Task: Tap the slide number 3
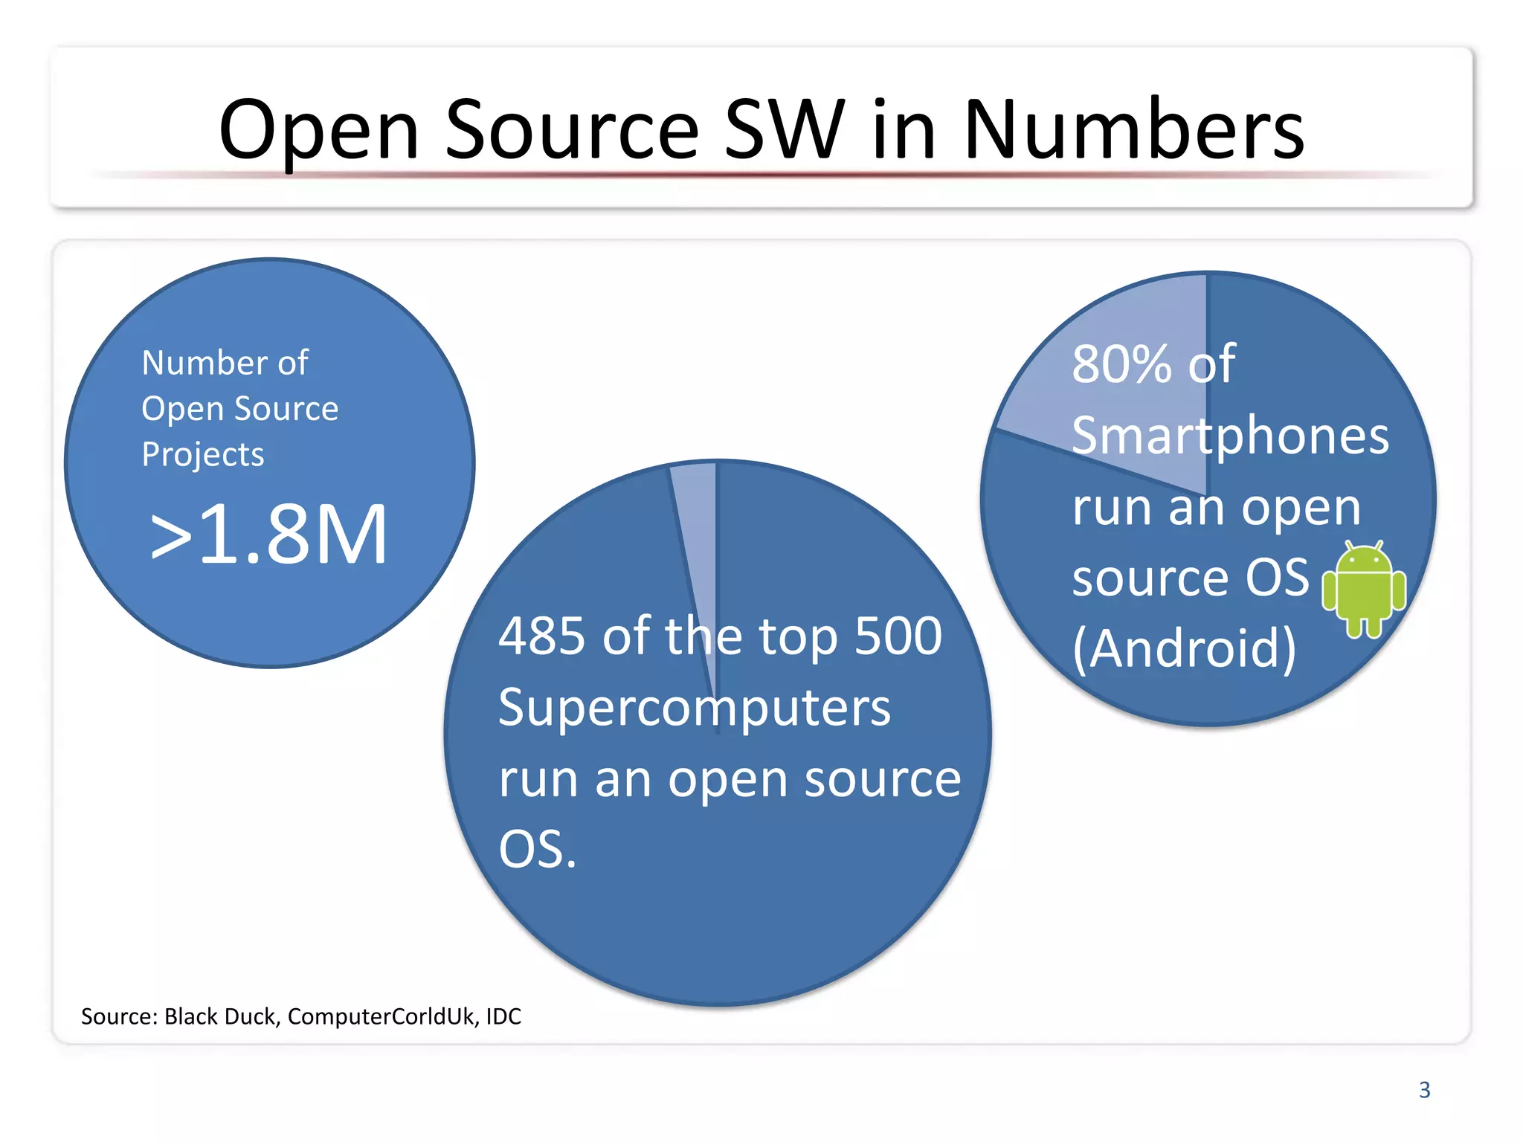[1424, 1090]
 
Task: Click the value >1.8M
[269, 534]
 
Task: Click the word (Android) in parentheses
[1184, 648]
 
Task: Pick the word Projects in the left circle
[202, 455]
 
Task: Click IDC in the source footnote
[503, 1016]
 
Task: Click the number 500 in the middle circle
[898, 636]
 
